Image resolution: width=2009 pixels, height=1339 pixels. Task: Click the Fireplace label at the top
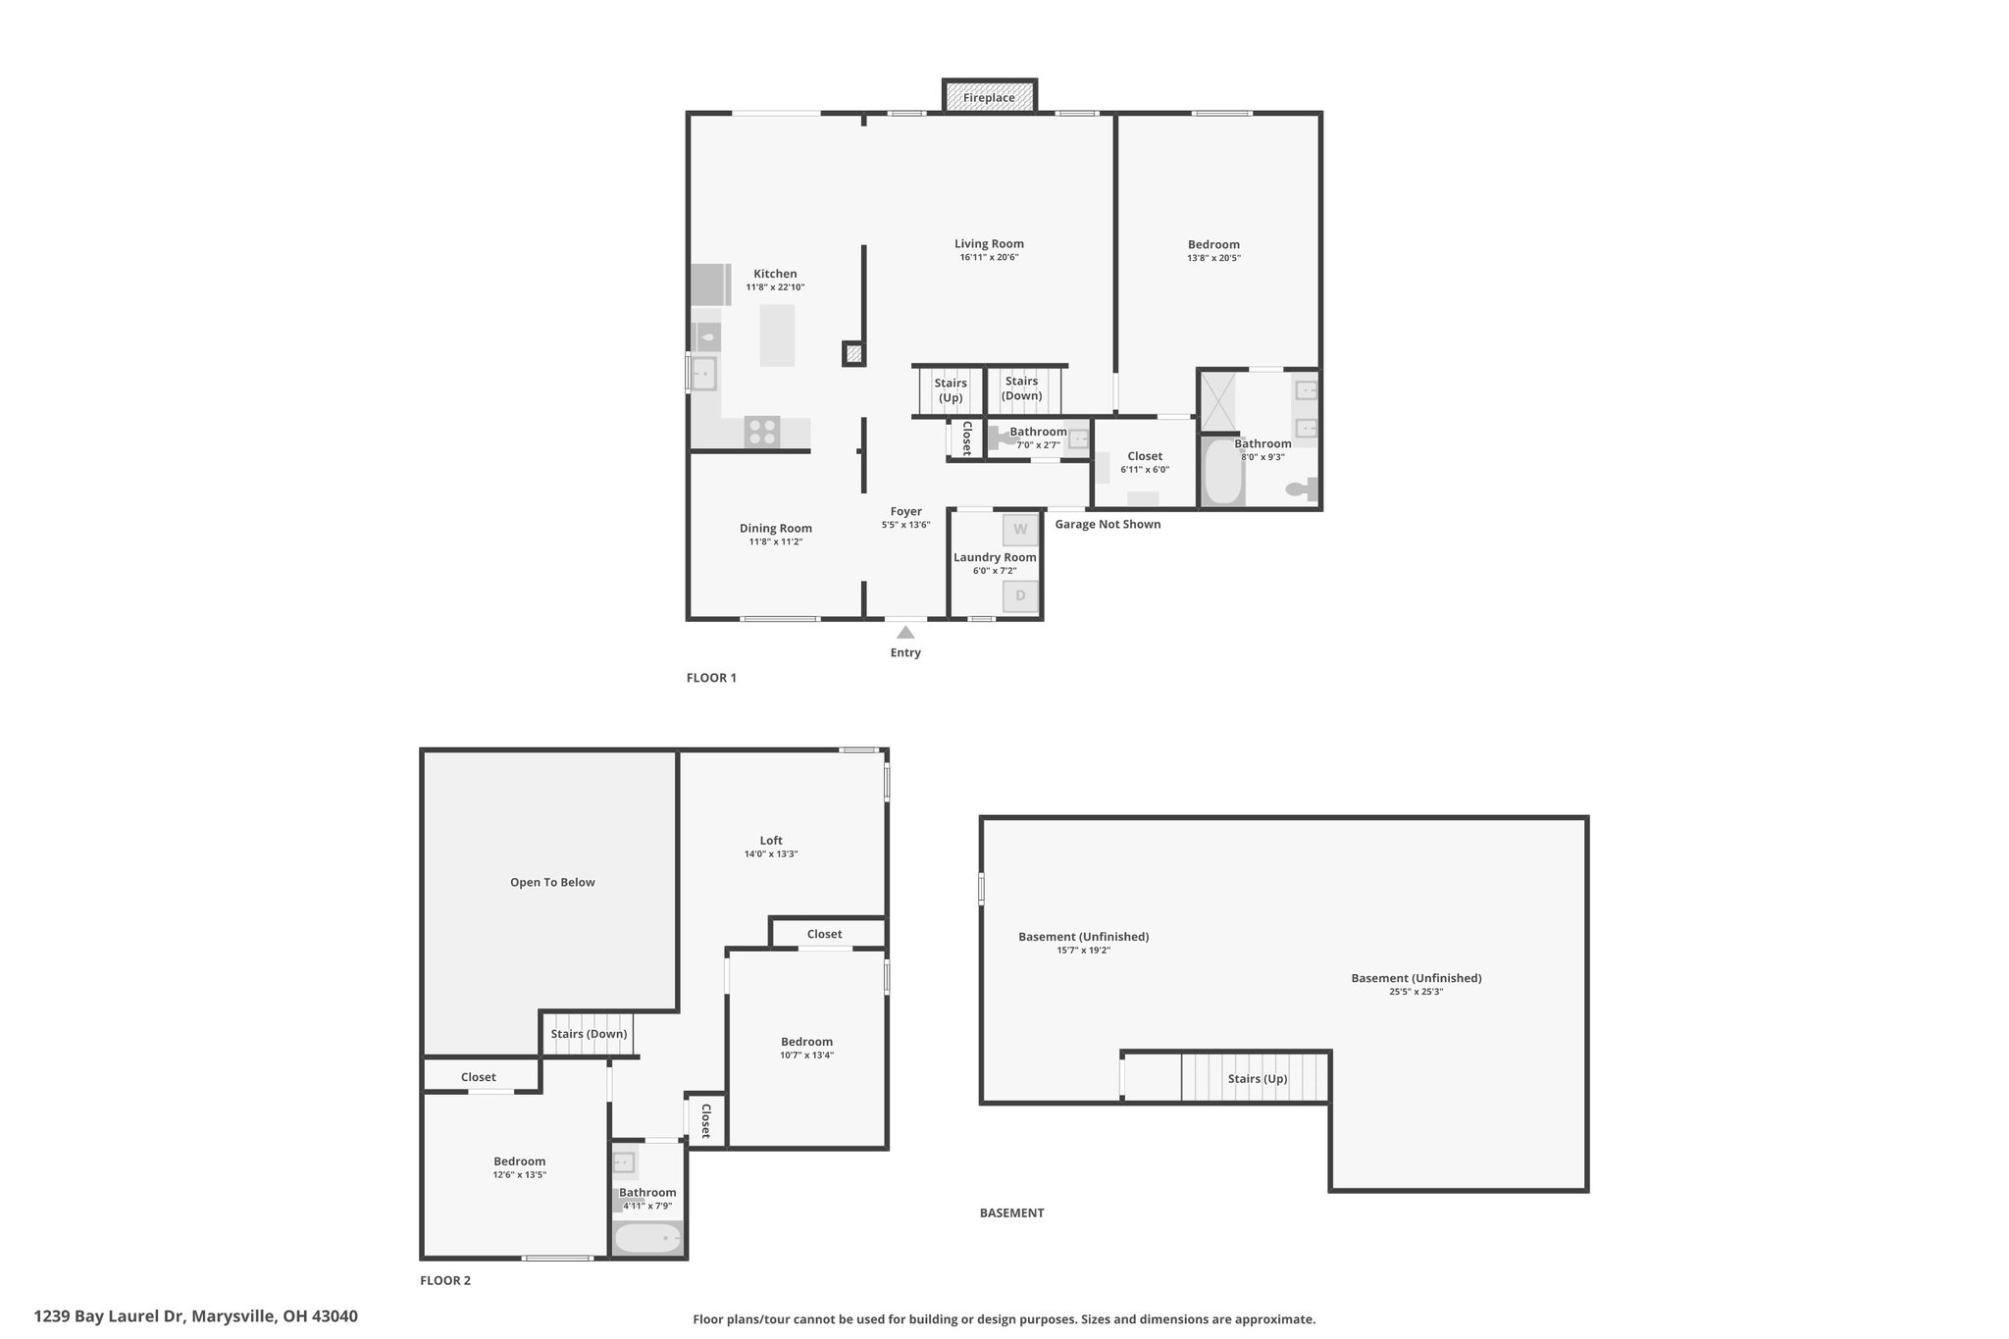[x=989, y=97]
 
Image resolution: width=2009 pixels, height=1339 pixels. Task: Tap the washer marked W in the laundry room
[x=1020, y=530]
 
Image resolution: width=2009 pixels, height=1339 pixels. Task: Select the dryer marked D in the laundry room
[x=1020, y=595]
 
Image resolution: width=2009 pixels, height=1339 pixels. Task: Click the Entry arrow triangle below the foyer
[x=905, y=633]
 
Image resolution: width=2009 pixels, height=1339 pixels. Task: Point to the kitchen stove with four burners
[x=762, y=432]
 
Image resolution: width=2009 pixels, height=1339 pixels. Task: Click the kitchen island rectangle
[x=777, y=335]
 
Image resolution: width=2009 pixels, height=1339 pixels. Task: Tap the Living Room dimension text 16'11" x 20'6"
[x=989, y=258]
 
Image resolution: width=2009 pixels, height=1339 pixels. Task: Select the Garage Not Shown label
[x=1108, y=525]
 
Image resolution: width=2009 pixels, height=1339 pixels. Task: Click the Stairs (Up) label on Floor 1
[x=951, y=390]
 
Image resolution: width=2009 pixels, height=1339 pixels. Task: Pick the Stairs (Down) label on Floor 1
[x=1021, y=388]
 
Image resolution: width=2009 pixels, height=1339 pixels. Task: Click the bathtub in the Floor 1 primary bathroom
[x=1222, y=472]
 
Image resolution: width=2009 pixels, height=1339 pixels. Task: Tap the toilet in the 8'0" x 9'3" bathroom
[x=1302, y=488]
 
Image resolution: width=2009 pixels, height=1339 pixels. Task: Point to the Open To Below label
[x=552, y=882]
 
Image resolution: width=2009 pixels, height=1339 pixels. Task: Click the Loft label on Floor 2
[x=771, y=841]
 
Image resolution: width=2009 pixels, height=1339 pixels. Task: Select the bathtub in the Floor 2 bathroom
[x=647, y=1239]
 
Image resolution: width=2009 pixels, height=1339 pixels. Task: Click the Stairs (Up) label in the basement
[x=1258, y=1079]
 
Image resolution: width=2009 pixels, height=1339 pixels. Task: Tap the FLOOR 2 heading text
[x=445, y=1280]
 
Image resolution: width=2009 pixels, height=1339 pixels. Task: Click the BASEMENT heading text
[x=1011, y=1212]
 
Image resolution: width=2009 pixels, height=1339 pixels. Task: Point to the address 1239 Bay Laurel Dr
[x=111, y=1316]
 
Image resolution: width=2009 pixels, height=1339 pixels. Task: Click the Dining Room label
[x=776, y=529]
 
